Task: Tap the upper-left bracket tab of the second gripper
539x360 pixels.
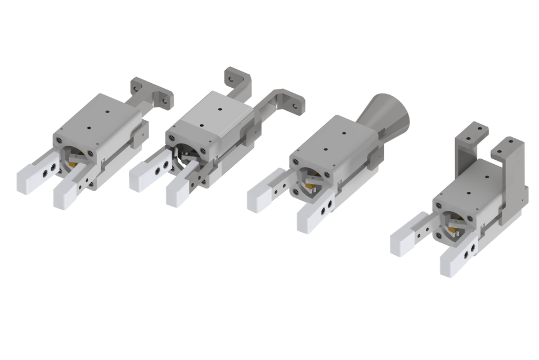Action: pyautogui.click(x=236, y=79)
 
